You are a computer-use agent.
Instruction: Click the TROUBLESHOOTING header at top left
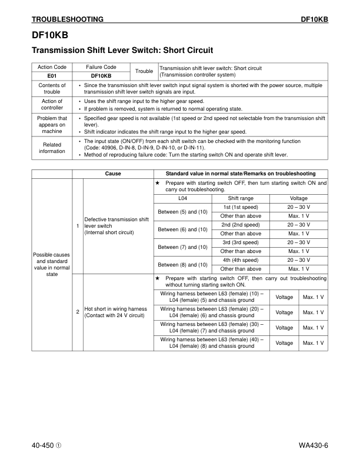[68, 19]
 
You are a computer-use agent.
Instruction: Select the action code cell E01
[52, 76]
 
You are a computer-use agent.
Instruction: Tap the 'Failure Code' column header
[101, 68]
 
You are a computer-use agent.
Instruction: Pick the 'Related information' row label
[52, 148]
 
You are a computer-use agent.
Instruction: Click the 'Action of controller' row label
[52, 104]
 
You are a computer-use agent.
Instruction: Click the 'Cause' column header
[113, 174]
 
